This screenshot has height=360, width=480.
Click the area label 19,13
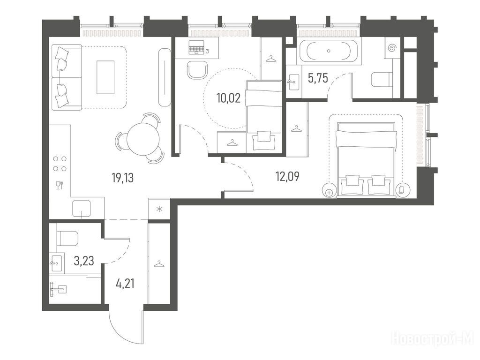tap(123, 178)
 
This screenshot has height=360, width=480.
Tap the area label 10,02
tap(228, 98)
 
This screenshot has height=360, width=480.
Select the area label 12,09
tap(287, 177)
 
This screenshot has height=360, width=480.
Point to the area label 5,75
tap(318, 79)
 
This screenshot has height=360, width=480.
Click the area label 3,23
tap(84, 261)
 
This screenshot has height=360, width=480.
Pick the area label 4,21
tap(125, 284)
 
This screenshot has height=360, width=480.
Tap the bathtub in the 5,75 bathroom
tap(329, 51)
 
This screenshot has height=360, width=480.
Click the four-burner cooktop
tap(60, 164)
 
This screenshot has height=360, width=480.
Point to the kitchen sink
tap(82, 208)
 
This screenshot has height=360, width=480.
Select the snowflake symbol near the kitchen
tap(159, 210)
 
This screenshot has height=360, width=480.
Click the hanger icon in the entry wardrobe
tap(158, 263)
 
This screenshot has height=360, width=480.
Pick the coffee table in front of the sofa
tap(105, 77)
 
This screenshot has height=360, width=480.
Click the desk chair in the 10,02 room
tap(196, 70)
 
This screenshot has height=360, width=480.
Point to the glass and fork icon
tap(60, 185)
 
